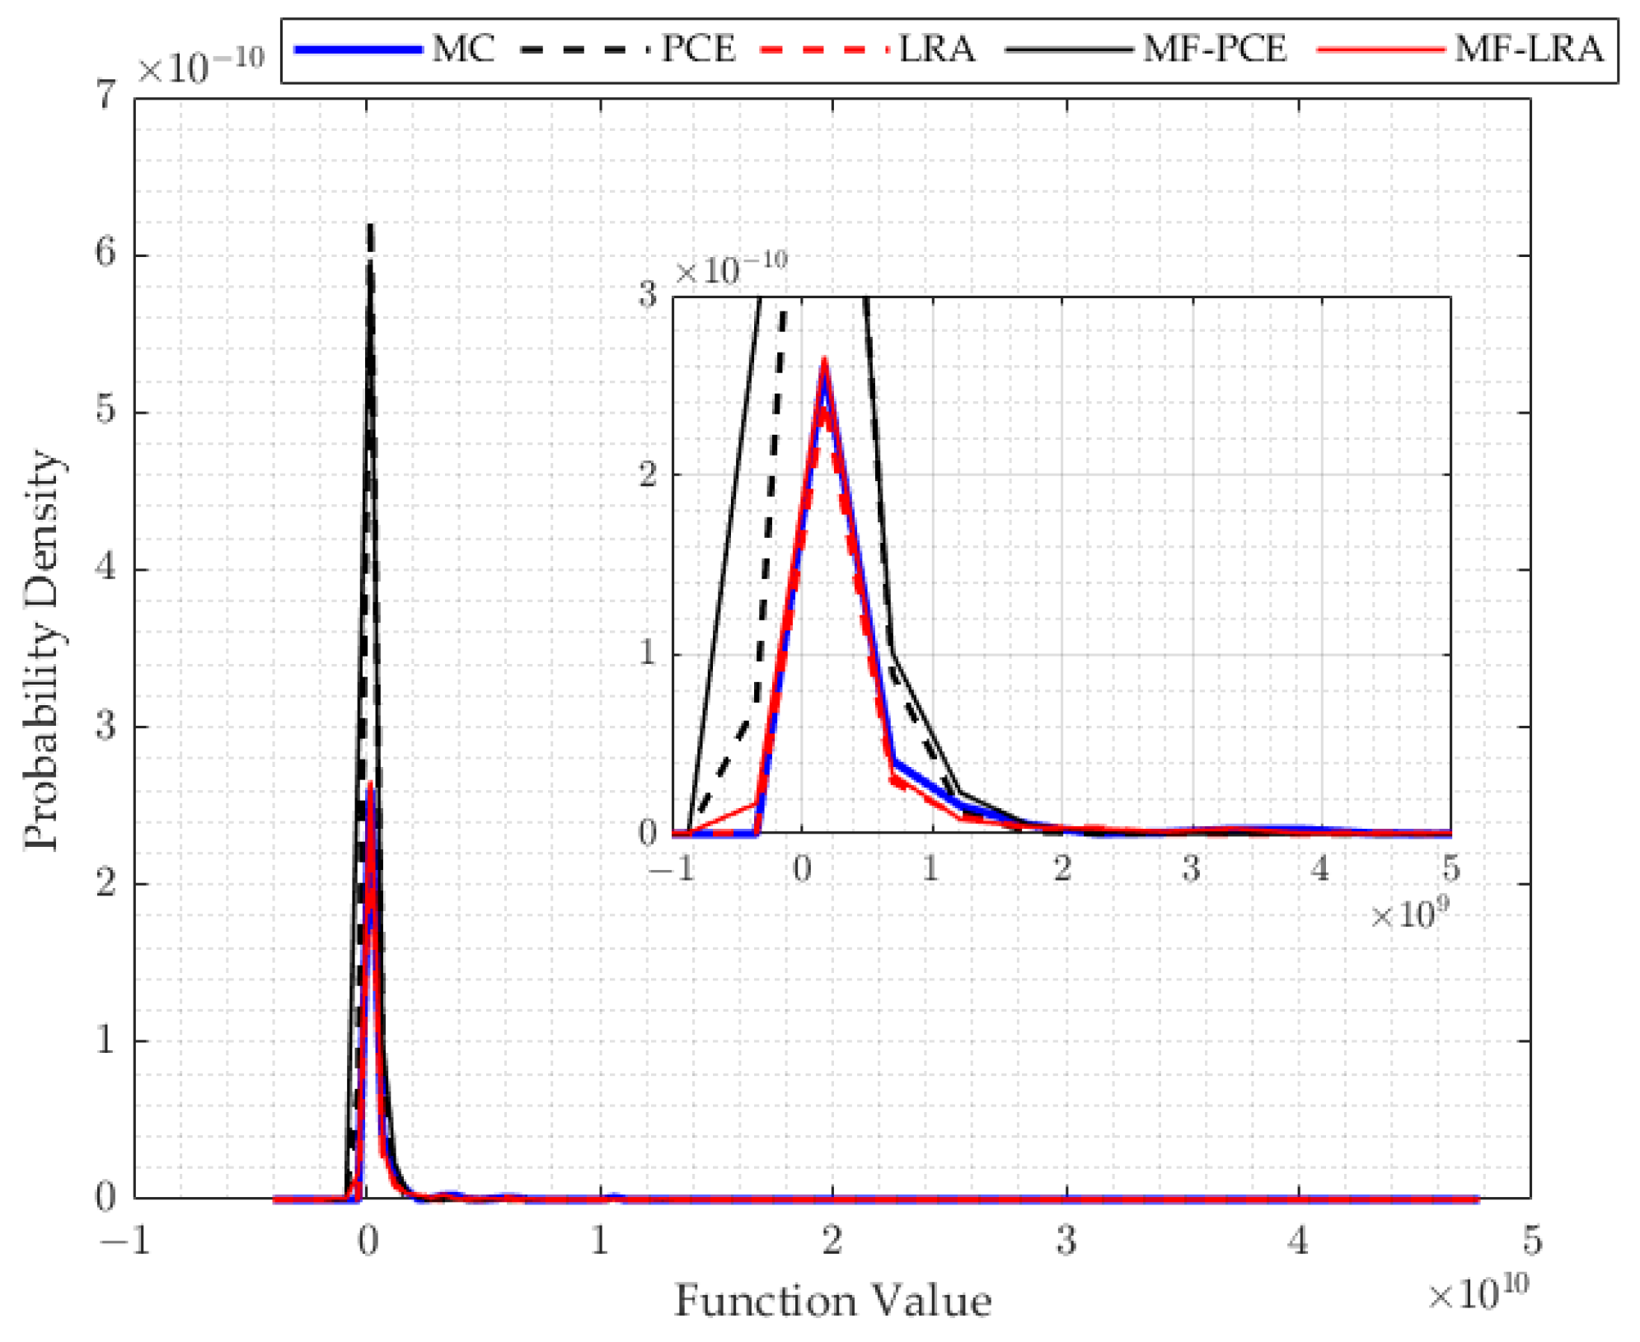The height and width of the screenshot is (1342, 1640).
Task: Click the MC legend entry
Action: (x=462, y=49)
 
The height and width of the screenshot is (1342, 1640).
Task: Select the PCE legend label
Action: (x=698, y=49)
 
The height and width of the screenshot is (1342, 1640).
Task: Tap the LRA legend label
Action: (x=935, y=49)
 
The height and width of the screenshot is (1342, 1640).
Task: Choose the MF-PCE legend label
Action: (x=1214, y=49)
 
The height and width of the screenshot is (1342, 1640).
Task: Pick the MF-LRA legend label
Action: (x=1528, y=49)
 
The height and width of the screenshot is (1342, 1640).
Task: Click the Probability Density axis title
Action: (x=41, y=651)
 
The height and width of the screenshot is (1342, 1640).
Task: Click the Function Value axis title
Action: (x=832, y=1301)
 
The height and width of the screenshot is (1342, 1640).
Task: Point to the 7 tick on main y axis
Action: (x=105, y=97)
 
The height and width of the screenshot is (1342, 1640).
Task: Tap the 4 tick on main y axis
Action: (x=105, y=568)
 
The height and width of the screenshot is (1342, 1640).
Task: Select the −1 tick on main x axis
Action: (x=125, y=1240)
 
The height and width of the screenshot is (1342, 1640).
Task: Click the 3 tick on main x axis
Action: (x=1066, y=1240)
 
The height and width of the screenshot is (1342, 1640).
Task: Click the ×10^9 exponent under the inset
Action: (x=1409, y=914)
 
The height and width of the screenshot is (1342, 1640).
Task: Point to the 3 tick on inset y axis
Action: (x=648, y=295)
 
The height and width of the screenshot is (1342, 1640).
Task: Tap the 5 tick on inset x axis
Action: (x=1450, y=868)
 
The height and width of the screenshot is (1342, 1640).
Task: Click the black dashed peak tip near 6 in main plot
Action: (x=370, y=227)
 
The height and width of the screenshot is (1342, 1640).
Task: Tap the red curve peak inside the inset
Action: (x=824, y=361)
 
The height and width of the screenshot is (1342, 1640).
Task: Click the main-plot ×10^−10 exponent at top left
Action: (x=200, y=66)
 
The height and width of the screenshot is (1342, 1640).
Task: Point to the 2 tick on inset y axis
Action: (x=648, y=475)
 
